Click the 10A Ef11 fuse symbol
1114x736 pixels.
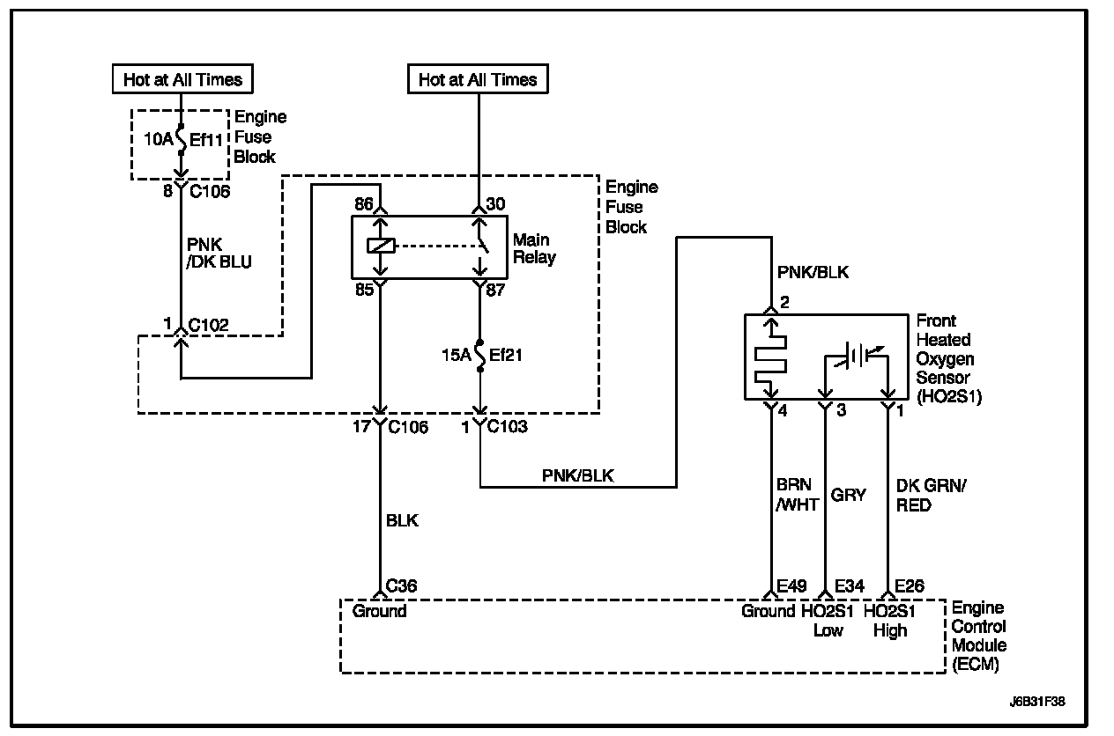(x=180, y=138)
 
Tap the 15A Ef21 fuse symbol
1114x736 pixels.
(x=480, y=357)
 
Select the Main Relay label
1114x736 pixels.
(x=531, y=249)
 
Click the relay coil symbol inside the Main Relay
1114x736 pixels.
(x=380, y=247)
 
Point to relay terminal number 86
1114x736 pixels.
(x=363, y=204)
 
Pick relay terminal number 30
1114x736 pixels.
(x=494, y=204)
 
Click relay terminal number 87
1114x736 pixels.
(x=495, y=290)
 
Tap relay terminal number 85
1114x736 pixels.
(x=363, y=290)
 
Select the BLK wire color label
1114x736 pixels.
(x=402, y=520)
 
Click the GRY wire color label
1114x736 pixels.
(x=848, y=495)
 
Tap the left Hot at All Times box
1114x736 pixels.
(x=182, y=79)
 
